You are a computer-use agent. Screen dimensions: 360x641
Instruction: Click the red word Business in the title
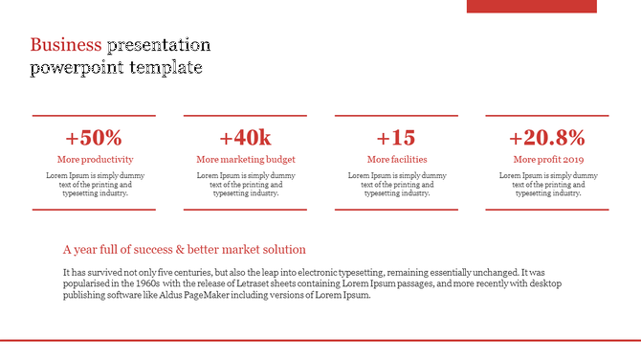[x=65, y=45]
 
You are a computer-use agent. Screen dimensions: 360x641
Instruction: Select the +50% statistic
[x=94, y=137]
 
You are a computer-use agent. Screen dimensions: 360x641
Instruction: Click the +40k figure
[x=245, y=137]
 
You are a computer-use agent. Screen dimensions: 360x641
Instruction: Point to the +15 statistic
[x=396, y=137]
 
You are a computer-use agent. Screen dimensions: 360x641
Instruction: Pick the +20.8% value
[x=547, y=137]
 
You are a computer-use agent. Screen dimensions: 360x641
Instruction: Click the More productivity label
[x=95, y=159]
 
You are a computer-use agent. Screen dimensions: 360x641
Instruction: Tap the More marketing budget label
[x=245, y=159]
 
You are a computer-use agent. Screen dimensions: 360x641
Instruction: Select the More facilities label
[x=397, y=159]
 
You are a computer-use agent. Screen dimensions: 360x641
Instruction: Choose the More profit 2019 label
[x=548, y=159]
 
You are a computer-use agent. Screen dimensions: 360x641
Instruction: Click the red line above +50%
[x=94, y=116]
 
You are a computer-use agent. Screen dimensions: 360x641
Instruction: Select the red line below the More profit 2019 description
[x=547, y=209]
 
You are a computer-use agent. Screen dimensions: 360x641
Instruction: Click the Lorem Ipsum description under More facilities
[x=397, y=184]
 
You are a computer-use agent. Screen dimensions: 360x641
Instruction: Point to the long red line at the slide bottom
[x=320, y=340]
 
